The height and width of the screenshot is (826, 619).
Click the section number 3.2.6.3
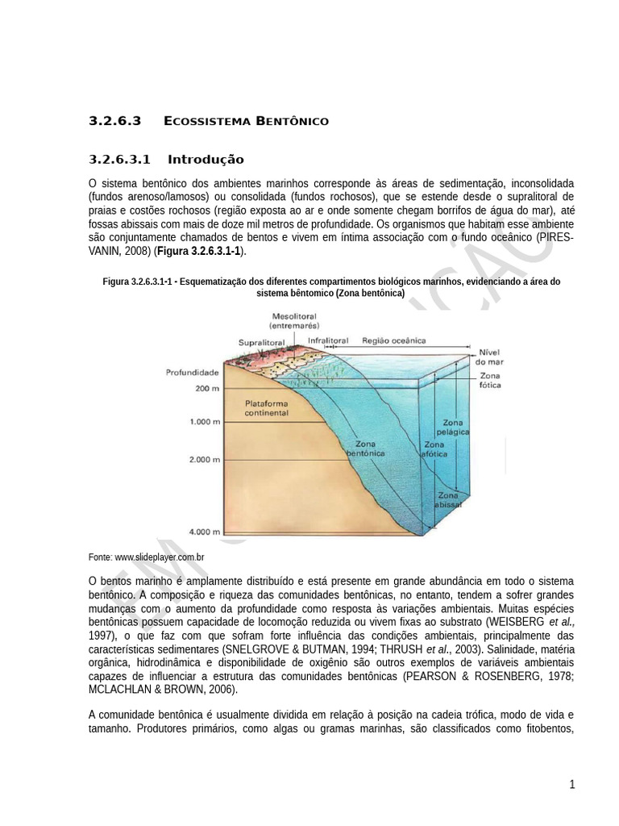click(x=114, y=121)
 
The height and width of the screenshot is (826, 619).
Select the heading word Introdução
click(x=206, y=159)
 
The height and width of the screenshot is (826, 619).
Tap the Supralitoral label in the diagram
click(x=262, y=342)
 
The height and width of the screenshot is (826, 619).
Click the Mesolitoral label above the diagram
click(x=294, y=321)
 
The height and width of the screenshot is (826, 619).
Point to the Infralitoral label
click(x=330, y=340)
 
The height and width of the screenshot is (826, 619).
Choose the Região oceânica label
click(x=394, y=340)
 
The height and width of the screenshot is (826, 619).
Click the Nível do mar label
click(x=490, y=357)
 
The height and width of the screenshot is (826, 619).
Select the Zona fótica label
click(x=490, y=381)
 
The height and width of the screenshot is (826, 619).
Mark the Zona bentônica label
click(x=364, y=448)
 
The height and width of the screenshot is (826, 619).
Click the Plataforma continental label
click(x=266, y=407)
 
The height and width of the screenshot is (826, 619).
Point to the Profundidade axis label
click(x=193, y=373)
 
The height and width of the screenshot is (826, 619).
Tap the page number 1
click(x=572, y=784)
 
